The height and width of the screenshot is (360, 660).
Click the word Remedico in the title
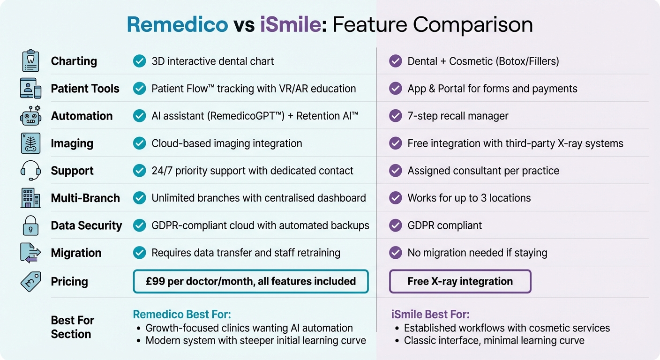[177, 24]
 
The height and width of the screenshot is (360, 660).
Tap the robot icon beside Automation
[31, 116]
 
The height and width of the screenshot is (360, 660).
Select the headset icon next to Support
[31, 171]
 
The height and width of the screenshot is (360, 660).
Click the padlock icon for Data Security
[31, 225]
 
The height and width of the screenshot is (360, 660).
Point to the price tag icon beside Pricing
[31, 281]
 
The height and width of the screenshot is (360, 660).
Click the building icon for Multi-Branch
[31, 198]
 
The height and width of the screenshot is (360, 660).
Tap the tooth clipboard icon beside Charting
[31, 61]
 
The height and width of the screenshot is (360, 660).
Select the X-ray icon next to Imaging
[31, 143]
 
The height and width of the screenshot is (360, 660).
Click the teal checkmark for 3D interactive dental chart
[139, 61]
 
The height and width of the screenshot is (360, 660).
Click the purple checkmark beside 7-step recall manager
[396, 116]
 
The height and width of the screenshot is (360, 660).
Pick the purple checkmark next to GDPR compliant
[396, 225]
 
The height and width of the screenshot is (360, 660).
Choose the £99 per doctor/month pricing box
[251, 281]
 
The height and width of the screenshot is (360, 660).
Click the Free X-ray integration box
[460, 281]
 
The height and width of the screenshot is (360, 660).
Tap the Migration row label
[76, 253]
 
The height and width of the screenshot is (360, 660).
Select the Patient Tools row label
[85, 89]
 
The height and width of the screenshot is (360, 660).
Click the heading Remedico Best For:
[182, 314]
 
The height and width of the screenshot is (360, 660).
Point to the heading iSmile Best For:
[430, 314]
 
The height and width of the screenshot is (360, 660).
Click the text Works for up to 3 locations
[469, 198]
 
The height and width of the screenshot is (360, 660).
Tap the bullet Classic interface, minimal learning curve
[494, 340]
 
